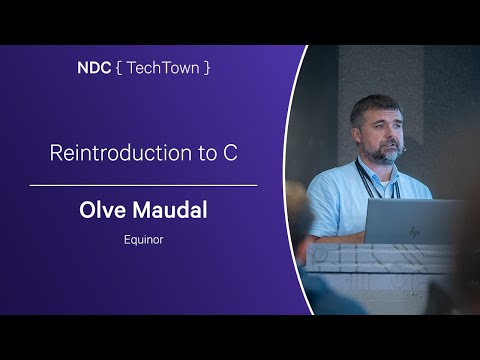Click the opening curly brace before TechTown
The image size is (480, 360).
119,71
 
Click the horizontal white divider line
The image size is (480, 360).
143,185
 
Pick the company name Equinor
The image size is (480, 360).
143,241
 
